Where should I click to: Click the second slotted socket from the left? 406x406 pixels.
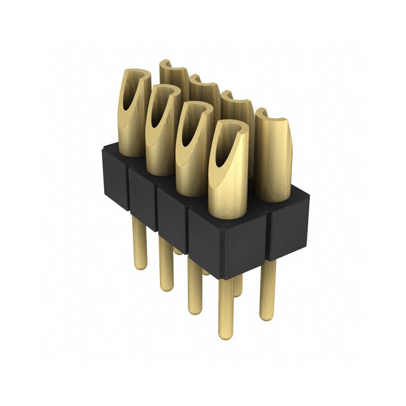tap(161, 132)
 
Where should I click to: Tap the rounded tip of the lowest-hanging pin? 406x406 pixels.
tap(225, 335)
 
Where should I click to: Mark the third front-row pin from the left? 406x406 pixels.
tap(194, 287)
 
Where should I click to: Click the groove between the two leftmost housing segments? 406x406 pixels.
tap(128, 188)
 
